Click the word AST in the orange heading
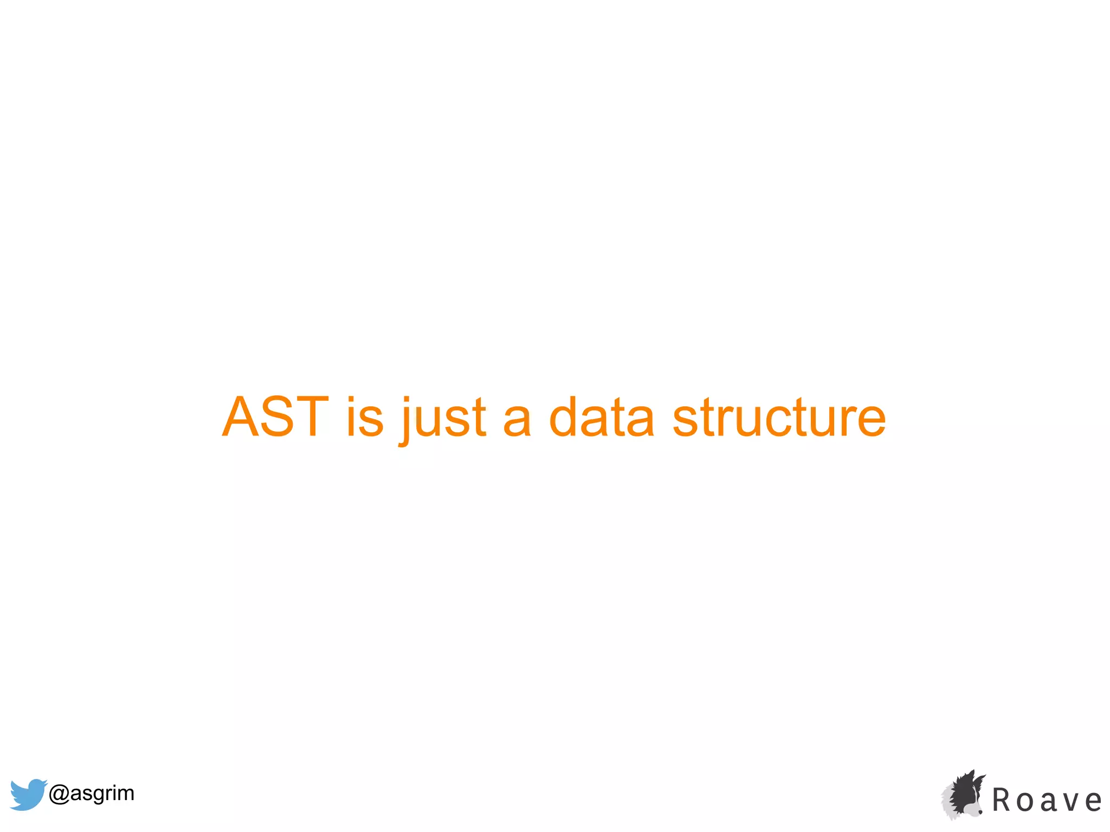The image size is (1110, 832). [x=275, y=417]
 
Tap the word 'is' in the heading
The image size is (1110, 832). [x=365, y=417]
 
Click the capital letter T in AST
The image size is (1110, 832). [x=310, y=417]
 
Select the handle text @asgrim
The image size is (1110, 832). [x=91, y=794]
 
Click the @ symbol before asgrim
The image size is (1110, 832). [x=59, y=794]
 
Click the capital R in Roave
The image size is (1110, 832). [x=1002, y=800]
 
